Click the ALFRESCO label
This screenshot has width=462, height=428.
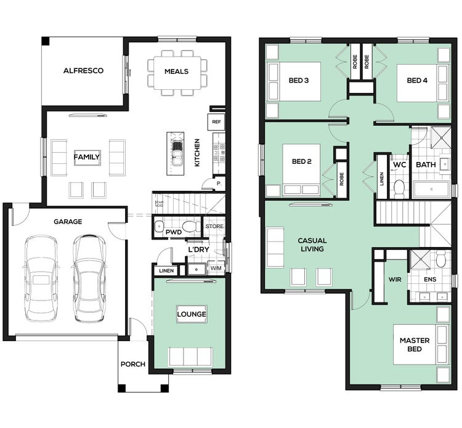83,71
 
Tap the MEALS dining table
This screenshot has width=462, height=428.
176,71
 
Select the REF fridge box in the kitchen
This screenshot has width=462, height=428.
216,122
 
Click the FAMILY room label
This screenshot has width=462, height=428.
87,157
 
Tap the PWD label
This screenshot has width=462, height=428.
173,232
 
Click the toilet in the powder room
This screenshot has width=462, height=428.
191,225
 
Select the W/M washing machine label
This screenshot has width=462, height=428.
216,269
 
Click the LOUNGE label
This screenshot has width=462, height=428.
191,314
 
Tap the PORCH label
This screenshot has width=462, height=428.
133,364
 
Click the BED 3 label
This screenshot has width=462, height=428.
299,81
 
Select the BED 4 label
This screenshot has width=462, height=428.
417,81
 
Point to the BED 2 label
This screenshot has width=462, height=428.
302,162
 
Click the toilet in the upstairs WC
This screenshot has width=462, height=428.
398,187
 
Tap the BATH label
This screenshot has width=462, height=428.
426,165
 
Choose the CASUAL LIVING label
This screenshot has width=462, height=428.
312,244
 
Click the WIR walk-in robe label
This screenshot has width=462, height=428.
395,279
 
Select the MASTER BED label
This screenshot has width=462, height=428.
410,344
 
